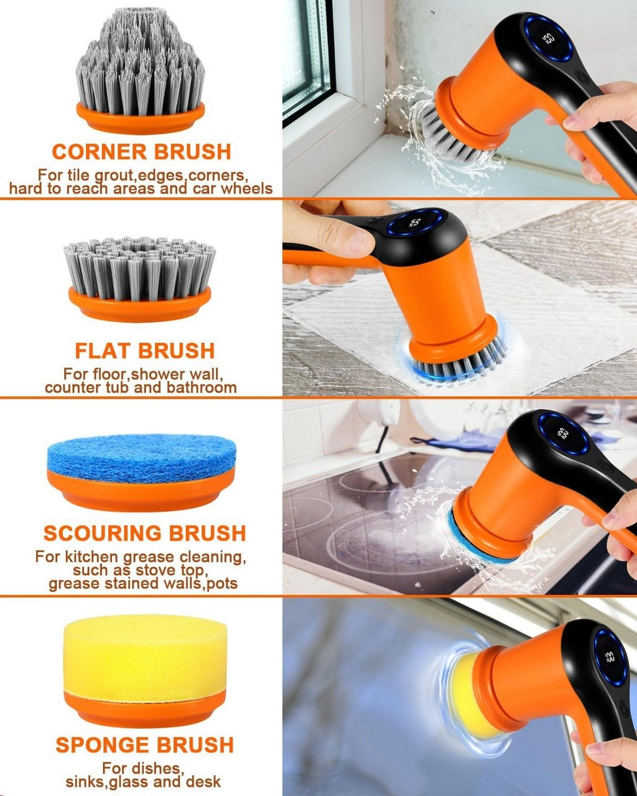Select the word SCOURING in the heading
click(x=102, y=534)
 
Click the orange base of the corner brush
click(x=141, y=118)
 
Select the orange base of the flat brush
click(x=139, y=304)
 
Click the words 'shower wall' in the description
click(x=177, y=374)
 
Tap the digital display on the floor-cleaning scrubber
click(x=416, y=223)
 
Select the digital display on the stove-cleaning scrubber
click(x=562, y=433)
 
